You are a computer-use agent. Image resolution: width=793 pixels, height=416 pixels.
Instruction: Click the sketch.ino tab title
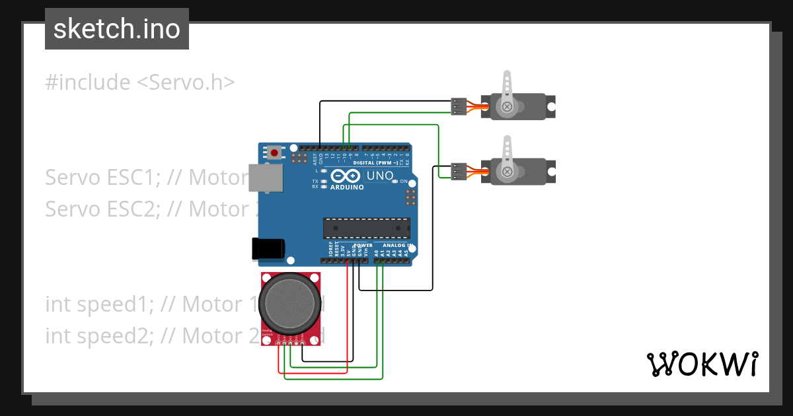116,29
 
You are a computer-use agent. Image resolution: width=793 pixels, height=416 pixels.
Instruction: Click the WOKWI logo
702,364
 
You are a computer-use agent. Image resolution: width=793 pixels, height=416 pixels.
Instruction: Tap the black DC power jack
268,248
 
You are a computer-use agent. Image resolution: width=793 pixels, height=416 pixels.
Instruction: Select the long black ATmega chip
366,228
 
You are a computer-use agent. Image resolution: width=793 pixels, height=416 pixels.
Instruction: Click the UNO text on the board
380,176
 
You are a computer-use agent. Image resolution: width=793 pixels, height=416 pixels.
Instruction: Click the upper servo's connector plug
459,106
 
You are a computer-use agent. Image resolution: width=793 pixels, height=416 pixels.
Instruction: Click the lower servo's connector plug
459,172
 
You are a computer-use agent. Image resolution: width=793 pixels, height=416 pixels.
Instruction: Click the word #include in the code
88,83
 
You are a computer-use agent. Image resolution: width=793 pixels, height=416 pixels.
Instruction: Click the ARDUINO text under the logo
346,187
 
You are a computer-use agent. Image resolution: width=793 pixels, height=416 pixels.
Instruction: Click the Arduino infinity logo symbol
345,176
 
